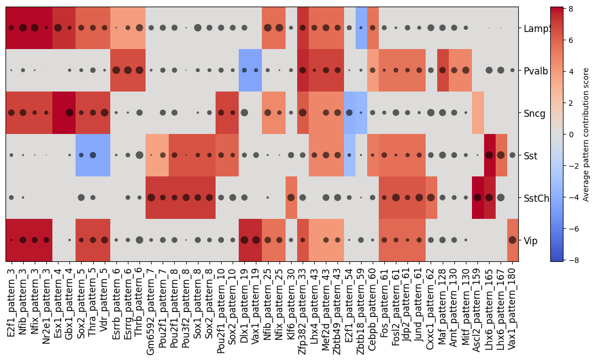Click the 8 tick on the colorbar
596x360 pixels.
(x=575, y=9)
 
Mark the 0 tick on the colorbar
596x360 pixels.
(x=575, y=134)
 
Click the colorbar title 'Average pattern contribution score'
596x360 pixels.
(x=587, y=134)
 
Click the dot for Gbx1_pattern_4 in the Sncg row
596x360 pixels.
(x=69, y=112)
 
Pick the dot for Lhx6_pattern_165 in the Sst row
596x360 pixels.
(x=489, y=155)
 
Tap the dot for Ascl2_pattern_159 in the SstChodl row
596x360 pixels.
(x=477, y=197)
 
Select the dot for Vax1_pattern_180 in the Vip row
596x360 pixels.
(x=512, y=240)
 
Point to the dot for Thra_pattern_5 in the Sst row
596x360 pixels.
(x=93, y=155)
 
